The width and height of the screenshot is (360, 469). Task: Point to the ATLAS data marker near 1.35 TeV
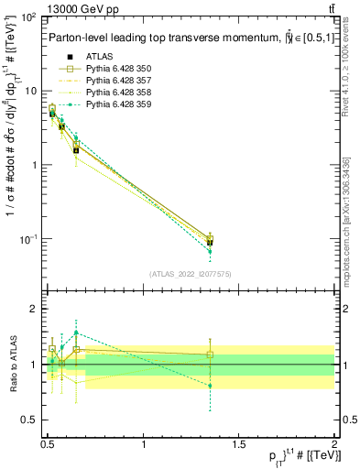click(211, 243)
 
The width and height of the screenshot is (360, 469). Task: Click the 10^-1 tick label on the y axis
click(28, 239)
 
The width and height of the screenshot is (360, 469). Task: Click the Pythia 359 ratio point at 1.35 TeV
click(211, 386)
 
